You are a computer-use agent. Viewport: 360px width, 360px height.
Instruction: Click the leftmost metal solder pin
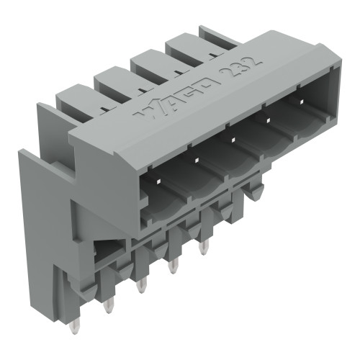[x=108, y=307]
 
